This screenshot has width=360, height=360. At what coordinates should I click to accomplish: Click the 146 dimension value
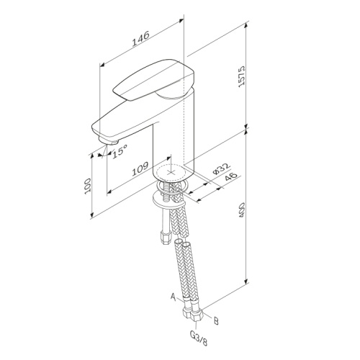click(141, 38)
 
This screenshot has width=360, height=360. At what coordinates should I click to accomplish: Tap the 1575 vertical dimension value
click(241, 76)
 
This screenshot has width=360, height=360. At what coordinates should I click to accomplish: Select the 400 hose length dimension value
click(241, 210)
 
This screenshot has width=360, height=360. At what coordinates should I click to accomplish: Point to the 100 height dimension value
click(88, 186)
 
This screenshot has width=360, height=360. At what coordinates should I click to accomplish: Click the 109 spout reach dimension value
click(140, 168)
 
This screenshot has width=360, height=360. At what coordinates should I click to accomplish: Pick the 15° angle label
click(120, 151)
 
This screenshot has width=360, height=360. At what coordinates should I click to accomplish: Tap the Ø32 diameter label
click(221, 168)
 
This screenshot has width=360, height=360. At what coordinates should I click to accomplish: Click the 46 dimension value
click(230, 177)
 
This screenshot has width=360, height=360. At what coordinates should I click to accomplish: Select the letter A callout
click(174, 296)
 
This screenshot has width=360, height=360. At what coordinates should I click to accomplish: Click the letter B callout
click(216, 321)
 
